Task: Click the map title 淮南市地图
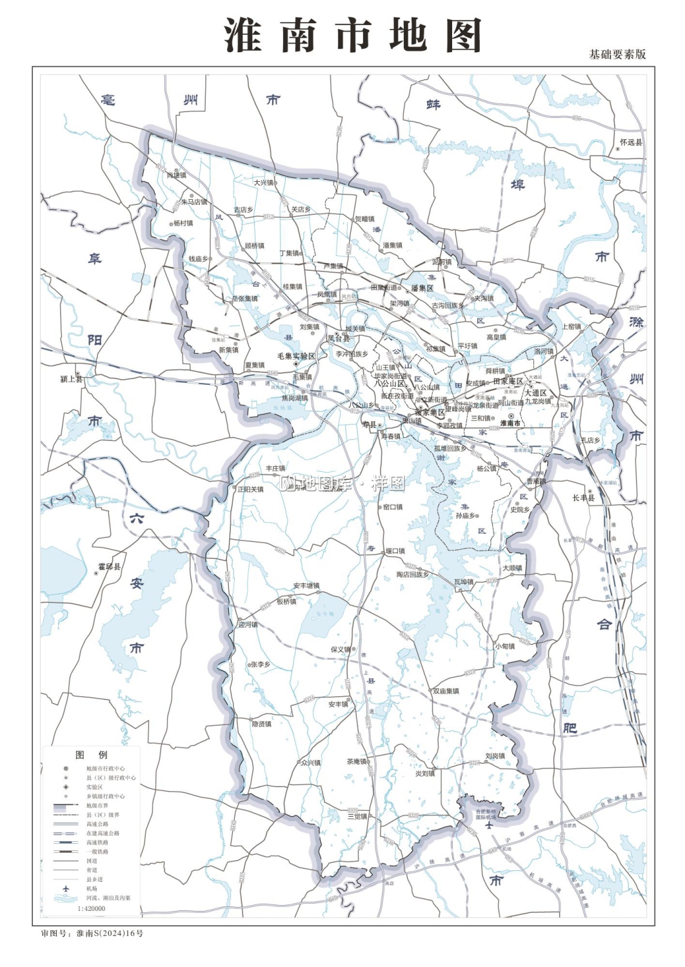pos(353,35)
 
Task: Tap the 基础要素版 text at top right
pos(617,55)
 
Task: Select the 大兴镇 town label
pos(263,183)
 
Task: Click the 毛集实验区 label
pos(296,357)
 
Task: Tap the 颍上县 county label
pos(72,379)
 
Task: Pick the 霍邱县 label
pos(109,567)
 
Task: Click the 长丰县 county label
pos(583,498)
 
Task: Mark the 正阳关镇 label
pos(250,489)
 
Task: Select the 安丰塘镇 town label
pos(306,586)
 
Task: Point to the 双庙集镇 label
pos(446,691)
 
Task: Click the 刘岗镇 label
pos(495,756)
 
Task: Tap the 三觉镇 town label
pos(357,816)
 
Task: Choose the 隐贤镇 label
pos(261,724)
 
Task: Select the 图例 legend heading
pos(91,755)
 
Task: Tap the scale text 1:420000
pos(91,908)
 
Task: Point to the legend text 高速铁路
pos(97,843)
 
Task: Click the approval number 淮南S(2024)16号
pos(110,933)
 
